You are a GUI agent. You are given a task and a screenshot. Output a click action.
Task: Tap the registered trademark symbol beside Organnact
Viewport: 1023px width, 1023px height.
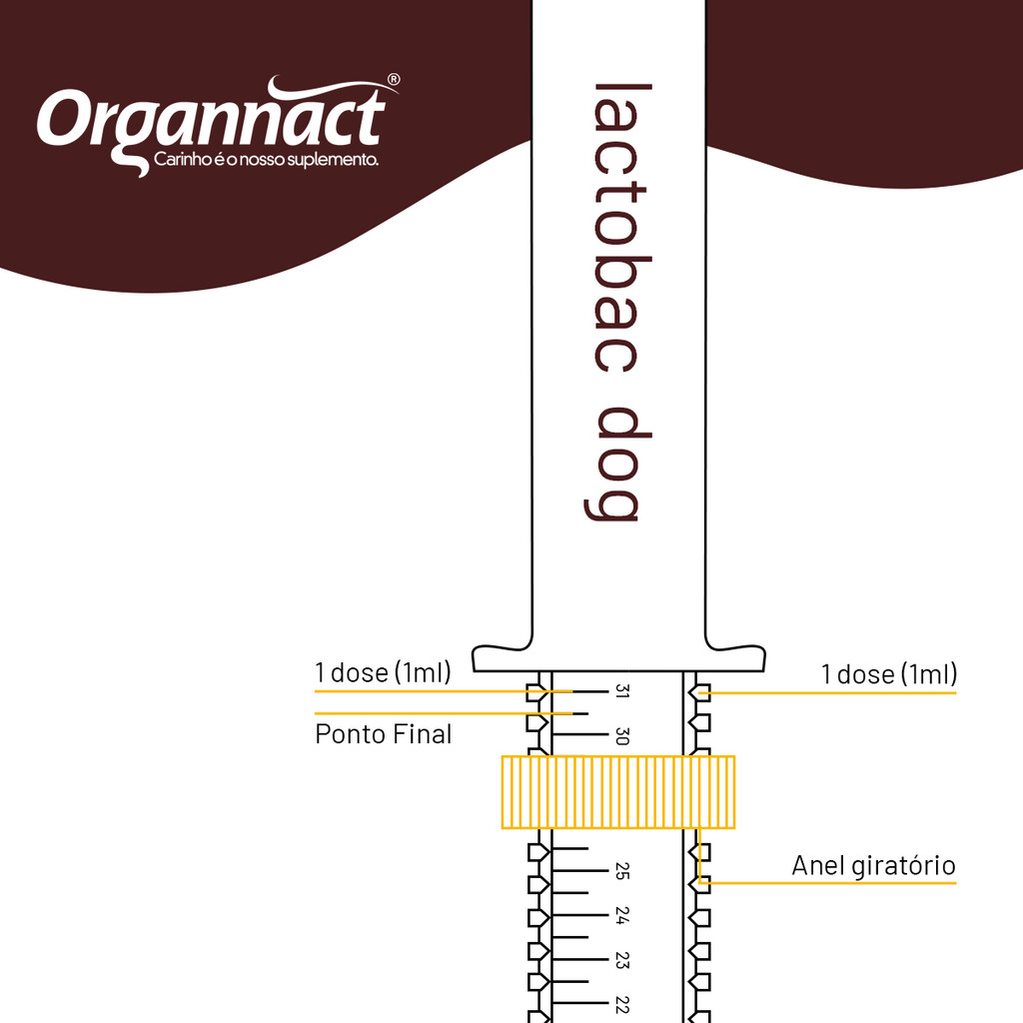tap(394, 80)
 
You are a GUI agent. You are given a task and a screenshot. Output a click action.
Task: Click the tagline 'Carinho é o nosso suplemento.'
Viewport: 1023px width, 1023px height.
tap(265, 160)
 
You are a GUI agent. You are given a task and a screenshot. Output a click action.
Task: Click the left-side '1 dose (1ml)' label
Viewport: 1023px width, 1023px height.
tap(383, 672)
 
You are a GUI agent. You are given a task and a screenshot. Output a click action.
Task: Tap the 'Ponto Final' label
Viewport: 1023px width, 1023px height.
tap(384, 734)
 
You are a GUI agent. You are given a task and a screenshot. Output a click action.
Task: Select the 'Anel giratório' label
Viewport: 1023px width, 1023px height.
tap(873, 865)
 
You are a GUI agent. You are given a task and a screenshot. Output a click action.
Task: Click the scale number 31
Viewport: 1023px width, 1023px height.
tap(620, 691)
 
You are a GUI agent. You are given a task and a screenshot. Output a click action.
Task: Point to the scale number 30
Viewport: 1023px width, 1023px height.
tap(620, 736)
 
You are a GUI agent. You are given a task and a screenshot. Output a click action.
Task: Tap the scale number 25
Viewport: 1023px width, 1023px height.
tap(620, 872)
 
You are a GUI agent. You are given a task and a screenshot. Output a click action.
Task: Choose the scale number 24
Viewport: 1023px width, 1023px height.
tap(620, 916)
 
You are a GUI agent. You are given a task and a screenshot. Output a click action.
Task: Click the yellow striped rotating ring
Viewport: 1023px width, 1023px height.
tap(617, 792)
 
